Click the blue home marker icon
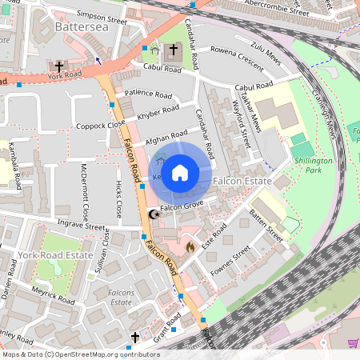[x=180, y=172]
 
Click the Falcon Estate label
[x=243, y=182]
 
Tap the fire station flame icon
[x=190, y=248]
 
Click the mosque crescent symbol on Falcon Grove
[x=154, y=214]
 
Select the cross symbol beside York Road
[x=58, y=66]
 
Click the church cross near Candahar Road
[x=174, y=51]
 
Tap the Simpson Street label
[x=102, y=15]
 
